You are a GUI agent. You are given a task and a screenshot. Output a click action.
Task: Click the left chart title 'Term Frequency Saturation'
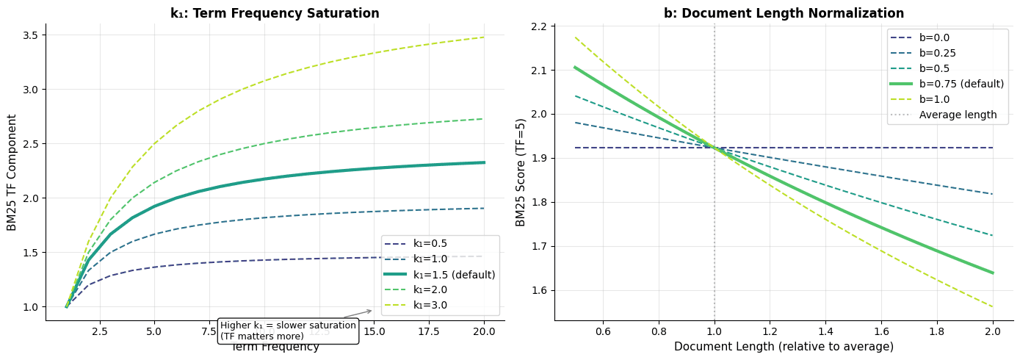pos(275,13)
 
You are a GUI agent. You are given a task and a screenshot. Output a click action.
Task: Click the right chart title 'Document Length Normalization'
pos(784,13)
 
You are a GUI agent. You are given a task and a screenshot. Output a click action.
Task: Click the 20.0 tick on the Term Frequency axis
pos(484,331)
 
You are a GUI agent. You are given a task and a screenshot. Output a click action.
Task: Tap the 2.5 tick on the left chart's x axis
pos(98,331)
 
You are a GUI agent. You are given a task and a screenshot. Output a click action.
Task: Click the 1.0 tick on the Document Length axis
pos(715,331)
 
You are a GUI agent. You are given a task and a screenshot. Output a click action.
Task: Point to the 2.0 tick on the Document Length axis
pos(993,331)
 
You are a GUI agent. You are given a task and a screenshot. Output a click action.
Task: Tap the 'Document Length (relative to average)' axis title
pos(784,347)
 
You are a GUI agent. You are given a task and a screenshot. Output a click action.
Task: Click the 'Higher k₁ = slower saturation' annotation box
pos(288,331)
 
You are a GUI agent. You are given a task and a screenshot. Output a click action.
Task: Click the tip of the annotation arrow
pos(372,311)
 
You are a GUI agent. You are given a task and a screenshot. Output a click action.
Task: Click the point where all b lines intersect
pos(715,148)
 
